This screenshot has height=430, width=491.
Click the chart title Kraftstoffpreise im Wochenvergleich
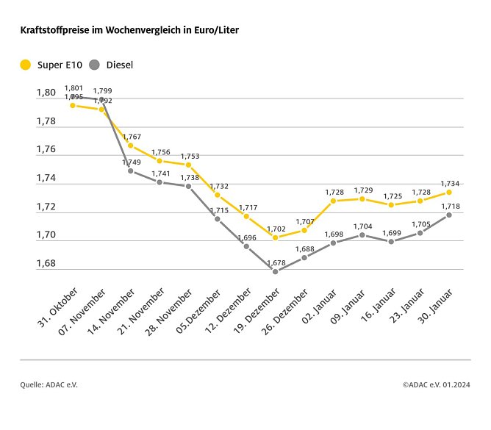click(129, 31)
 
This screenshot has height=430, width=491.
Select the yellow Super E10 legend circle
click(26, 65)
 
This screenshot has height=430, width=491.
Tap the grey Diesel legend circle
click(95, 65)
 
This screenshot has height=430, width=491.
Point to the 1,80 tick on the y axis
click(46, 93)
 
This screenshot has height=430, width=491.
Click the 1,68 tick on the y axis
click(46, 263)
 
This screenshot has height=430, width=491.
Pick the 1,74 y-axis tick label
click(46, 178)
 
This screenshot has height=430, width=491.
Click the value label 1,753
click(189, 156)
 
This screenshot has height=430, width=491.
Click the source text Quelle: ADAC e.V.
click(49, 384)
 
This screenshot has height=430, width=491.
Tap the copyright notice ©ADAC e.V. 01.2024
click(436, 384)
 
